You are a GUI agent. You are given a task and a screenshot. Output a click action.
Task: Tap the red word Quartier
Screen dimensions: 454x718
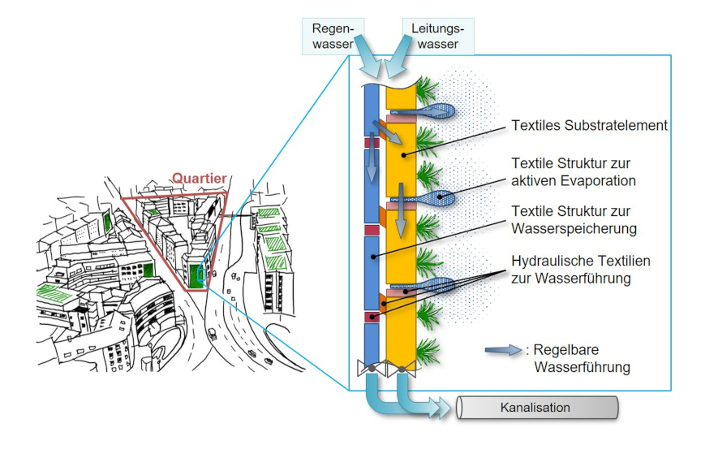coord(198,178)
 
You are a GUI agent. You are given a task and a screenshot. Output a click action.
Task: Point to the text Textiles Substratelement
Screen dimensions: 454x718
coord(589,126)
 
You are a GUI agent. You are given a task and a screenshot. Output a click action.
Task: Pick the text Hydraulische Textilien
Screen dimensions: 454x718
coord(581,261)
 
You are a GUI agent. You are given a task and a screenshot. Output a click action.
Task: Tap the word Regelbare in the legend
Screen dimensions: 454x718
coord(561,351)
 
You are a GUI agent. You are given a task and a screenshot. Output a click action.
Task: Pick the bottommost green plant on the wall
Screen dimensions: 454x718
coord(428,352)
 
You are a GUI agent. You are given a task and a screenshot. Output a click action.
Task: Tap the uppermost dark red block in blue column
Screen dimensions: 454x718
coord(372,142)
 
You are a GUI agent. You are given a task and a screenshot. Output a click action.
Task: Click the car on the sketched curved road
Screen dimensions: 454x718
coord(212,332)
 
